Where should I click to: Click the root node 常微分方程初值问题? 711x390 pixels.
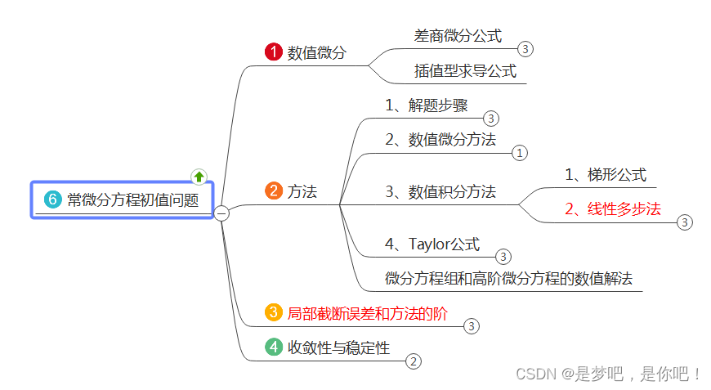132,200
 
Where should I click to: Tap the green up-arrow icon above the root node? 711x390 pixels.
199,176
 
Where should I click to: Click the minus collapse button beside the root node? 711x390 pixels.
221,213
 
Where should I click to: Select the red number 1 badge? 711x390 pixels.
273,52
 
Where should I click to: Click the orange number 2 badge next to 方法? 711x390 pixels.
273,191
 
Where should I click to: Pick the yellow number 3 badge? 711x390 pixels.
273,312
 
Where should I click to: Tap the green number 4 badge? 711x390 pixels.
273,347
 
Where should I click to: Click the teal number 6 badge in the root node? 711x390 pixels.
53,200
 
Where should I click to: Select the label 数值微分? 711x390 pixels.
317,53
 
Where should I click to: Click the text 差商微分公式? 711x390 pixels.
458,36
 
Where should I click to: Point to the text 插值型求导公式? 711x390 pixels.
465,71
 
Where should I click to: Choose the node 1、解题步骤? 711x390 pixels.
427,105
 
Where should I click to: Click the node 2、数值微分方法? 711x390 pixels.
440,139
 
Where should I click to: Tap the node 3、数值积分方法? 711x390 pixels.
440,192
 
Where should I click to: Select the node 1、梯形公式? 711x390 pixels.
605,174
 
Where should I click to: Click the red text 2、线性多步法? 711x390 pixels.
612,208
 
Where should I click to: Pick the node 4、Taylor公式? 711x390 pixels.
432,244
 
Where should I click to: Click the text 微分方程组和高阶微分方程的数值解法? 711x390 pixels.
508,278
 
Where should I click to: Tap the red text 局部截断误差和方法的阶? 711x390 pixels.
368,312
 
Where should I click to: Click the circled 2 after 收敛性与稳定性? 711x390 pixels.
414,361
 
